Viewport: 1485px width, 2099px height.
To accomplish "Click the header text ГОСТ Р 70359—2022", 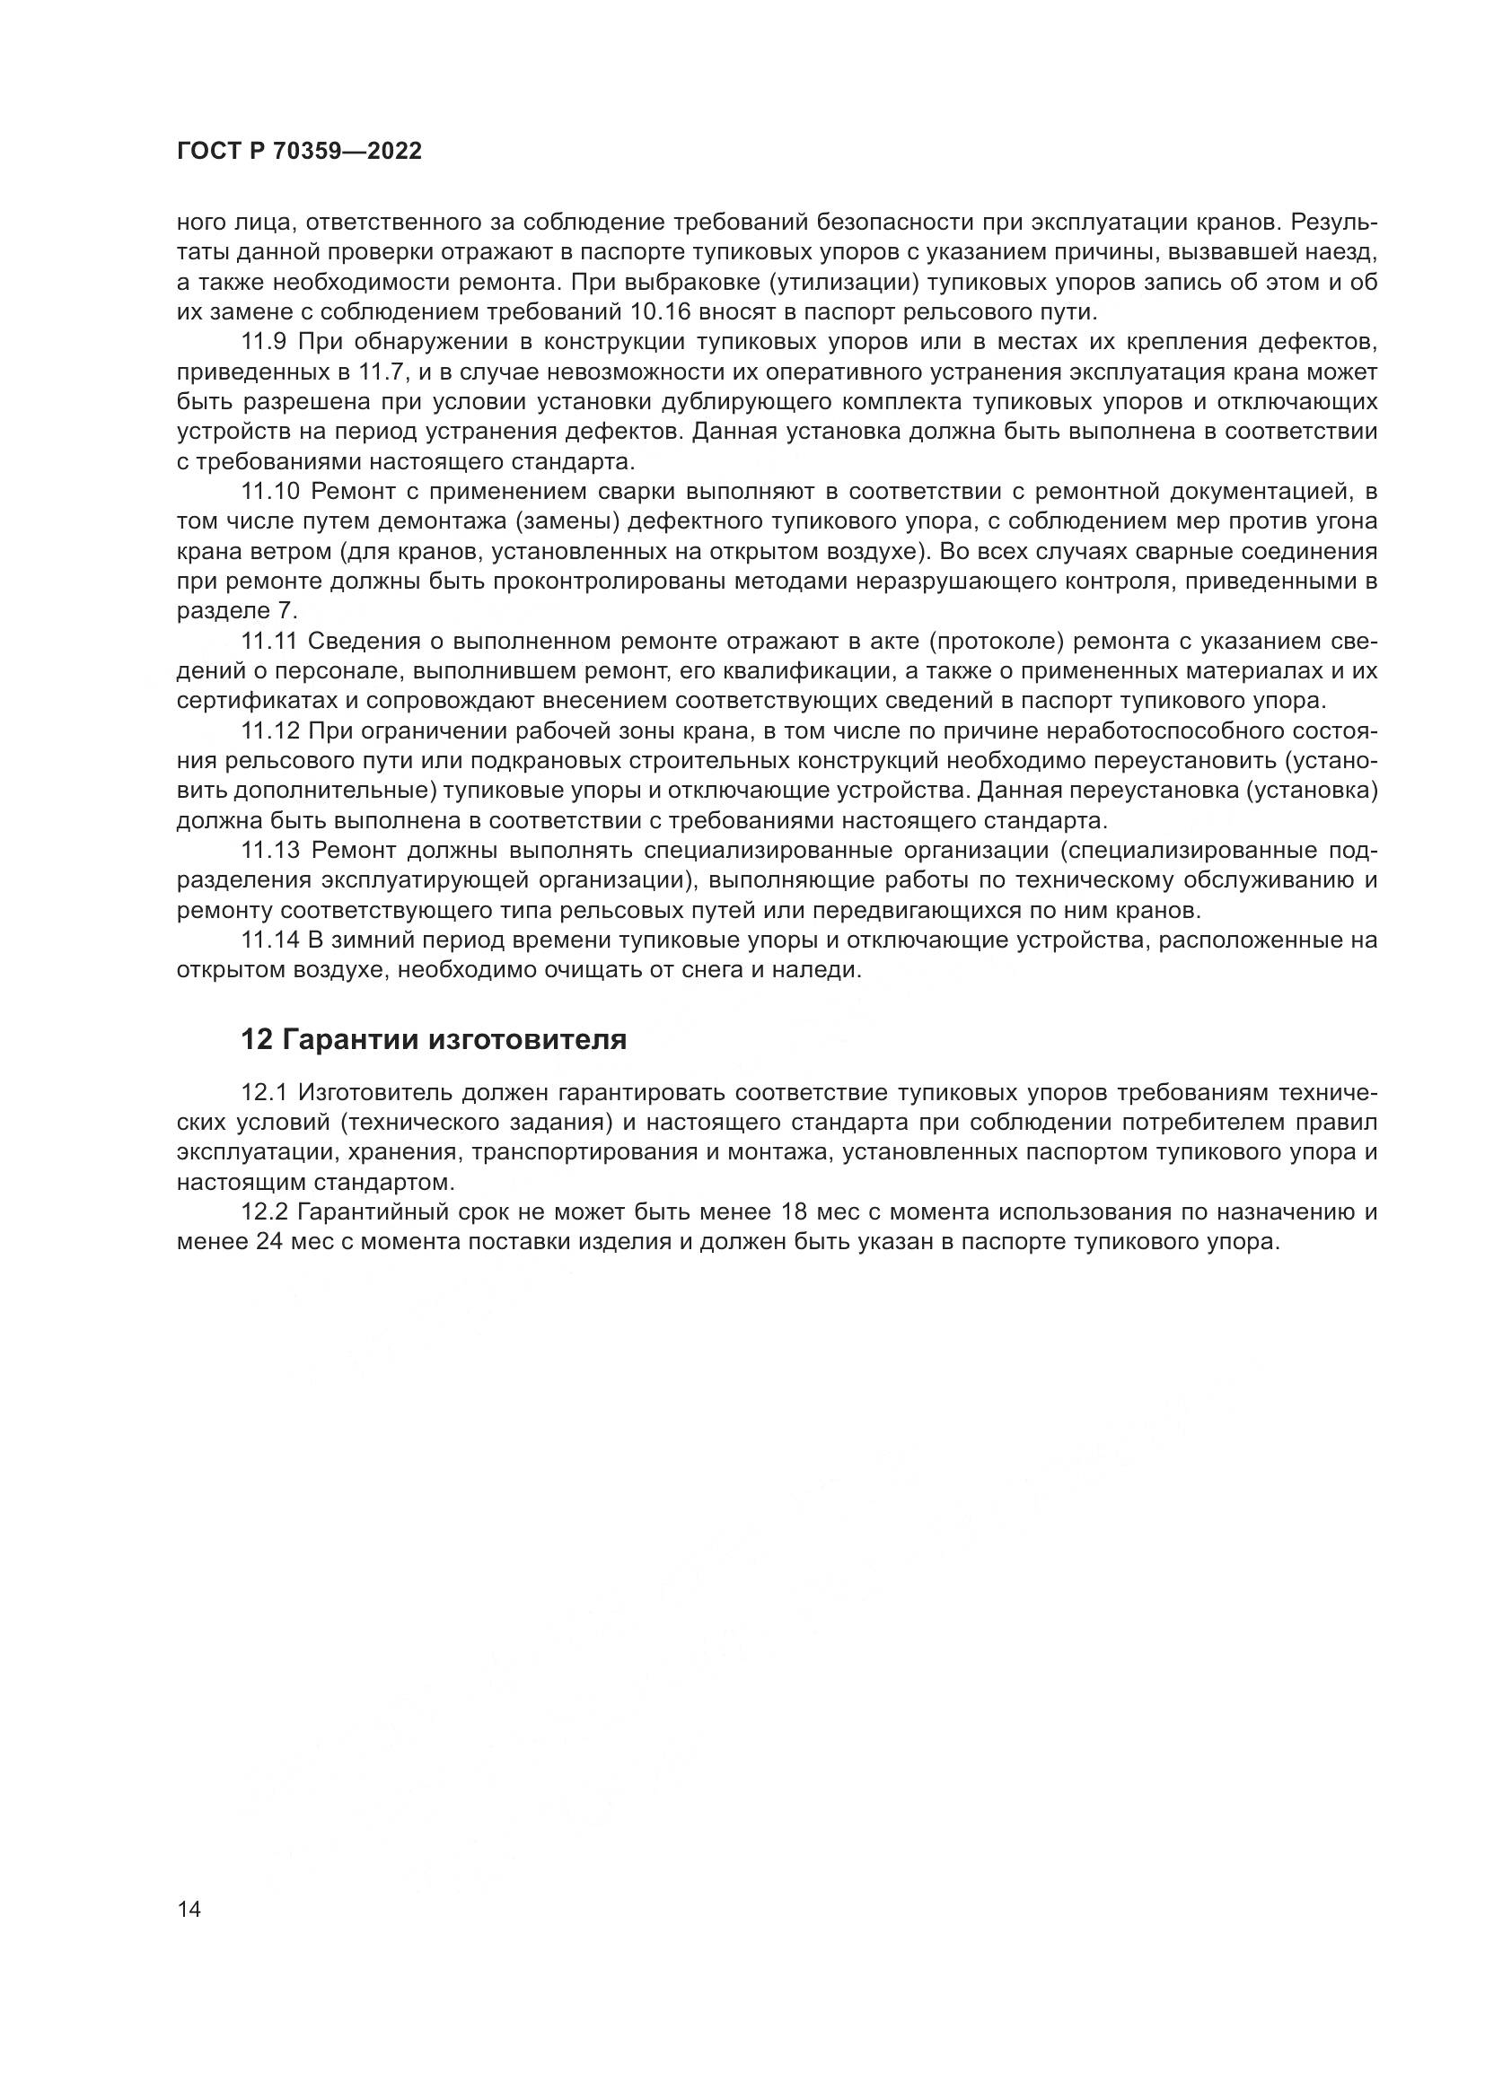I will [299, 152].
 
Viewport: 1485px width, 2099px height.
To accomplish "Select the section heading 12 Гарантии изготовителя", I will [434, 1039].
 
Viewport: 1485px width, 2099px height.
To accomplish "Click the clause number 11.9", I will [264, 342].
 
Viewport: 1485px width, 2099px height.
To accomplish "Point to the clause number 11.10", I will [269, 491].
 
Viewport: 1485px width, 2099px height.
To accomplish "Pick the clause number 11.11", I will [268, 641].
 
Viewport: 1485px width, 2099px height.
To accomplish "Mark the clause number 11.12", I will [269, 730].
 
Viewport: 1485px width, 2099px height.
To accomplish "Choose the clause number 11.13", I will [269, 850].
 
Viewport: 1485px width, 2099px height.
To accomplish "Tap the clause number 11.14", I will [269, 940].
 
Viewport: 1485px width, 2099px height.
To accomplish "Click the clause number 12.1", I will [264, 1093].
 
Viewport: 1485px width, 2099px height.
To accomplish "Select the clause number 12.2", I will [264, 1212].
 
